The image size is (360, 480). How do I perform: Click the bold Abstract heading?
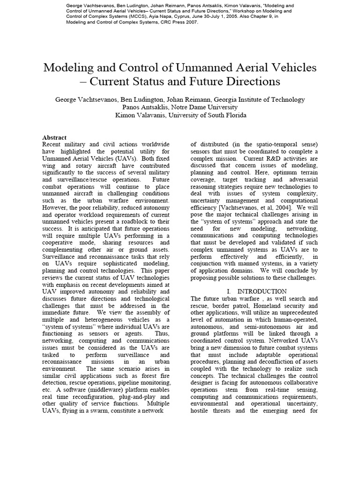54,137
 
